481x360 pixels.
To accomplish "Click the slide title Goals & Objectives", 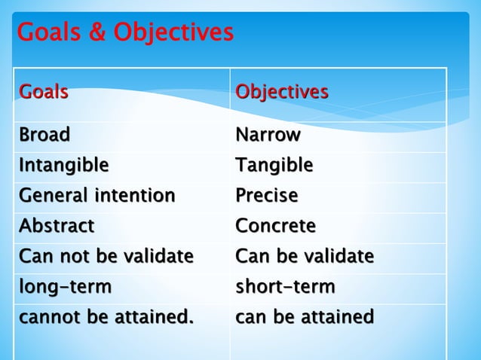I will click(125, 33).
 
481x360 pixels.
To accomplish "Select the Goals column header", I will click(44, 93).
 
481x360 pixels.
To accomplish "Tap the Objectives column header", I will click(282, 93).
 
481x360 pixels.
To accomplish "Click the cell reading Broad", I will click(44, 136).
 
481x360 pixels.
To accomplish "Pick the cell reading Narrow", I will click(268, 136).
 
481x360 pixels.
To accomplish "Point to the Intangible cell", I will click(63, 165).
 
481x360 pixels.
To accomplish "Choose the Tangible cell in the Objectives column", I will click(274, 165).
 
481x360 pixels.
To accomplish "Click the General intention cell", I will click(97, 196).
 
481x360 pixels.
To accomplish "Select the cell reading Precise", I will click(266, 196).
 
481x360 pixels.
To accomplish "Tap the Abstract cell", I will click(57, 226).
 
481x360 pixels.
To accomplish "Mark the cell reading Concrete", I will click(275, 226).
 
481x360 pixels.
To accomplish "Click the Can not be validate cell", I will click(106, 257).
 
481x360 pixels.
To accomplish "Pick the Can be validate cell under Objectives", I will click(304, 257).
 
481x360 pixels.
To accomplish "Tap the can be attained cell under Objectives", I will click(304, 317).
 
